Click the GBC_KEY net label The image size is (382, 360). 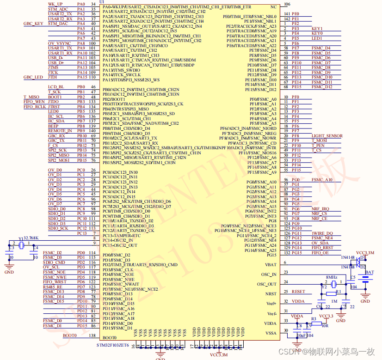point(33,24)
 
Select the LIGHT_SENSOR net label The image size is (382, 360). point(327,136)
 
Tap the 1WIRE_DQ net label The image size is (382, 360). point(322,233)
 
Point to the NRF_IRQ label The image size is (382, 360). point(320,209)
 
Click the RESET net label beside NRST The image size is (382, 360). point(298,292)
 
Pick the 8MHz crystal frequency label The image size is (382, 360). point(331,277)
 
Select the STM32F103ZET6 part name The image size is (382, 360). point(113,345)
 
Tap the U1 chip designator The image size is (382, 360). point(102,2)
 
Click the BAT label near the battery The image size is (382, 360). point(370,273)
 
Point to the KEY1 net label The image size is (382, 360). point(317,29)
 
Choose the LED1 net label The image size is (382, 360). point(317,38)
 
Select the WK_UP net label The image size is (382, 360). point(55,4)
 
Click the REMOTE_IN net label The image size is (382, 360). point(60,131)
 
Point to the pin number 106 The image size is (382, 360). point(288,4)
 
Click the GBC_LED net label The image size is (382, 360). point(33,77)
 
